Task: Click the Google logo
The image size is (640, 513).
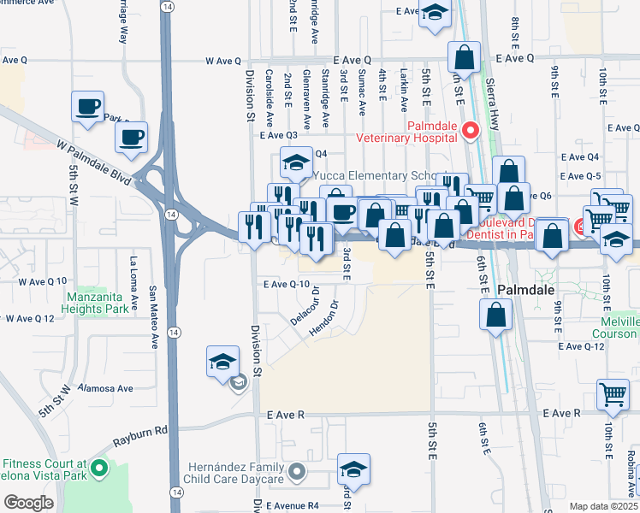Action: point(28,503)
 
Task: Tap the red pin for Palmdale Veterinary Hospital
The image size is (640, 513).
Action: point(469,131)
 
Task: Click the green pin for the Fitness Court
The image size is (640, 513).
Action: point(99,468)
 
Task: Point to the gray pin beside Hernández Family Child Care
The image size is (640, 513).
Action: point(297,471)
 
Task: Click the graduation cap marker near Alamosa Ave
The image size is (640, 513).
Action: point(222,361)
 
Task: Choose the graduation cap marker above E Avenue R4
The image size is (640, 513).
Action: point(353,469)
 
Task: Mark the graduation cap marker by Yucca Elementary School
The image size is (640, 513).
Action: point(295,161)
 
